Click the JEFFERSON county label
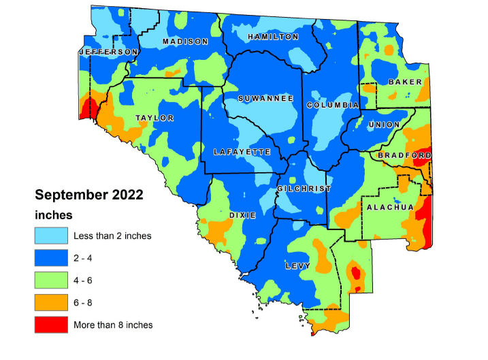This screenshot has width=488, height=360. (109, 52)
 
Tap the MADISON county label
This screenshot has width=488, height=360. (185, 42)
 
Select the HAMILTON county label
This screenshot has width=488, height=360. (273, 37)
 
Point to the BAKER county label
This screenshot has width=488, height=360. (405, 82)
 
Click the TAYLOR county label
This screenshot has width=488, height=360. (154, 118)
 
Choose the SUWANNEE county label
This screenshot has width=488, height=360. (265, 99)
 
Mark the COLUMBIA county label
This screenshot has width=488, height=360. (332, 105)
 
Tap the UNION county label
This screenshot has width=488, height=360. (383, 125)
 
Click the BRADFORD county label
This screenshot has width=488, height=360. (404, 155)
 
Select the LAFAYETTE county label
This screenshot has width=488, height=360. (242, 152)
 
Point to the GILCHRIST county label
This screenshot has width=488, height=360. (304, 189)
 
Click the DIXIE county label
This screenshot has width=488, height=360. (242, 214)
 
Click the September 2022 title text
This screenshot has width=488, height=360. (89, 195)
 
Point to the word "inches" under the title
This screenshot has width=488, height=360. (54, 215)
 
